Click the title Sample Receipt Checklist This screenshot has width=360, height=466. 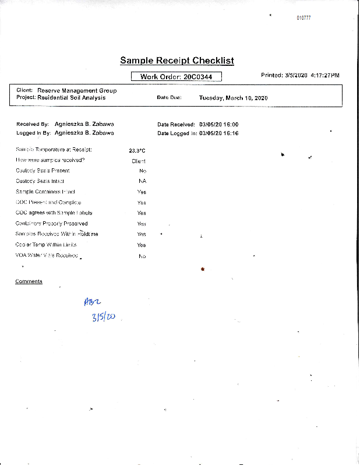click(x=177, y=61)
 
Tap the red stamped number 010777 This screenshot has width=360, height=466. click(x=303, y=18)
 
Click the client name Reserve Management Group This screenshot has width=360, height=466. click(x=77, y=91)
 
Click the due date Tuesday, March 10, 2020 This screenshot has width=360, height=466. click(x=233, y=98)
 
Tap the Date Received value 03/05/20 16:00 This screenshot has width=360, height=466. click(x=218, y=125)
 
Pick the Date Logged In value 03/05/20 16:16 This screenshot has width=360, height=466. click(x=218, y=133)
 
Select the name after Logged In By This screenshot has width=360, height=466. click(x=84, y=133)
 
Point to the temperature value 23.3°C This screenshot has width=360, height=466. click(x=137, y=151)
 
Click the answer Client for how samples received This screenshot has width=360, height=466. click(x=139, y=161)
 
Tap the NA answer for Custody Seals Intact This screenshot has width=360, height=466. click(x=142, y=181)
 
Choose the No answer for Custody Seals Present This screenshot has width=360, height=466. click(x=143, y=171)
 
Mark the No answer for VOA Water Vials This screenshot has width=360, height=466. click(x=142, y=256)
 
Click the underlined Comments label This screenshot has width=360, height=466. click(x=29, y=282)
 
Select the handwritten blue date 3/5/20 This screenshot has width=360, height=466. click(x=103, y=317)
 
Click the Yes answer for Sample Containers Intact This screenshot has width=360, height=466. click(x=142, y=192)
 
